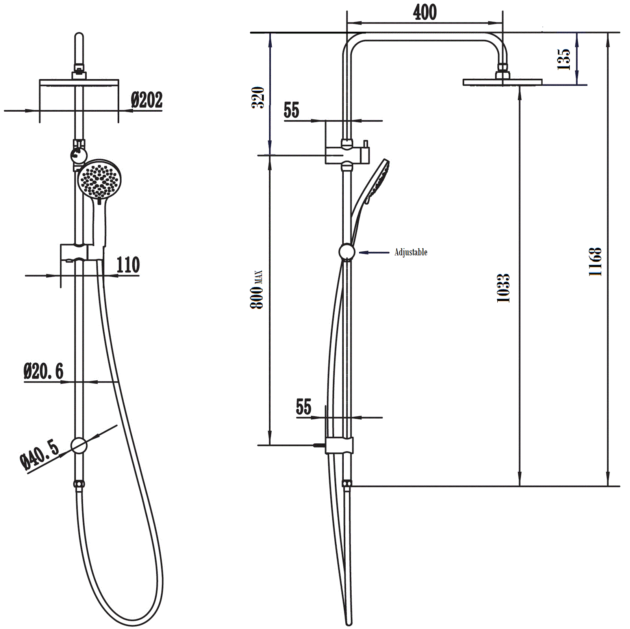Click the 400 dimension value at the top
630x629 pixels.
coord(424,13)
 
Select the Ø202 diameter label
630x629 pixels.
coord(146,100)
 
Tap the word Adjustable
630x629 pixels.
coord(411,252)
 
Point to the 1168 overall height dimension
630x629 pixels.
coord(595,262)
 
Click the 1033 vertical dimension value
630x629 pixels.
coord(503,288)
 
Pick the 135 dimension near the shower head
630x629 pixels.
coord(564,59)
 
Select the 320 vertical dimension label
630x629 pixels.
coord(258,97)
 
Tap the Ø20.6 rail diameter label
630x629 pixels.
coord(43,371)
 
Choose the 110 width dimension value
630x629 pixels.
coord(128,265)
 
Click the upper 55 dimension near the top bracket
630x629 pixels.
coord(291,110)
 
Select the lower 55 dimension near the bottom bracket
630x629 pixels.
coord(304,407)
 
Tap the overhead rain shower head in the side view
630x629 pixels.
coord(502,82)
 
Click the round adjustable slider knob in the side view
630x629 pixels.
coord(346,252)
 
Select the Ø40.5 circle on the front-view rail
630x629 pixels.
coord(79,445)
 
